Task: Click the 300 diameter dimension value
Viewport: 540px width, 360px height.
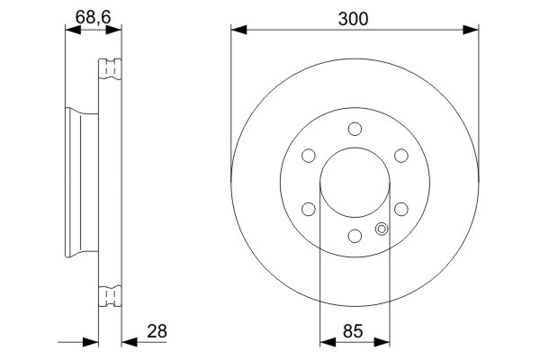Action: coord(353,19)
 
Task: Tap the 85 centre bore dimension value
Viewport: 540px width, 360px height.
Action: coord(353,331)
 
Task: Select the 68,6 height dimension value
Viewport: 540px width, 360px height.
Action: coord(93,17)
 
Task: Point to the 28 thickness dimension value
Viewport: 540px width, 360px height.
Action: coord(157,331)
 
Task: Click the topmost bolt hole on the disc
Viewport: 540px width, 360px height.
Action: coord(355,129)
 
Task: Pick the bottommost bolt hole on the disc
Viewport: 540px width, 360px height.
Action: coord(355,236)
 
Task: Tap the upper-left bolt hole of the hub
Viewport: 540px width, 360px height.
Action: coord(308,156)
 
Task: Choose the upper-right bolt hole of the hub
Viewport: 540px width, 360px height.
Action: coord(401,156)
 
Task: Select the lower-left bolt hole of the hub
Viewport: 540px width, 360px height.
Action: coord(308,209)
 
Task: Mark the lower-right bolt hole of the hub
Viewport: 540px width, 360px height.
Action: coord(401,209)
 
